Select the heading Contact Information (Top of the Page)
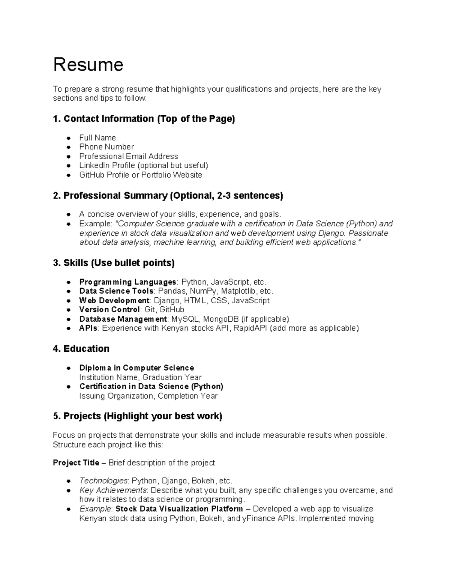click(x=144, y=119)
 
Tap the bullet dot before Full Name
click(x=69, y=138)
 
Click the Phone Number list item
click(x=106, y=147)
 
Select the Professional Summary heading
click(x=168, y=196)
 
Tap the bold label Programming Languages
click(x=127, y=282)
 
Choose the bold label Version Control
click(x=109, y=310)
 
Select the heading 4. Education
click(x=81, y=349)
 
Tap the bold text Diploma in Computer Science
click(x=136, y=368)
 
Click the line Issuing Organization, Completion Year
click(x=148, y=396)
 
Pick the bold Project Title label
click(x=76, y=463)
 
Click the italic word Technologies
click(x=103, y=481)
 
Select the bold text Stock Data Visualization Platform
click(x=179, y=509)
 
